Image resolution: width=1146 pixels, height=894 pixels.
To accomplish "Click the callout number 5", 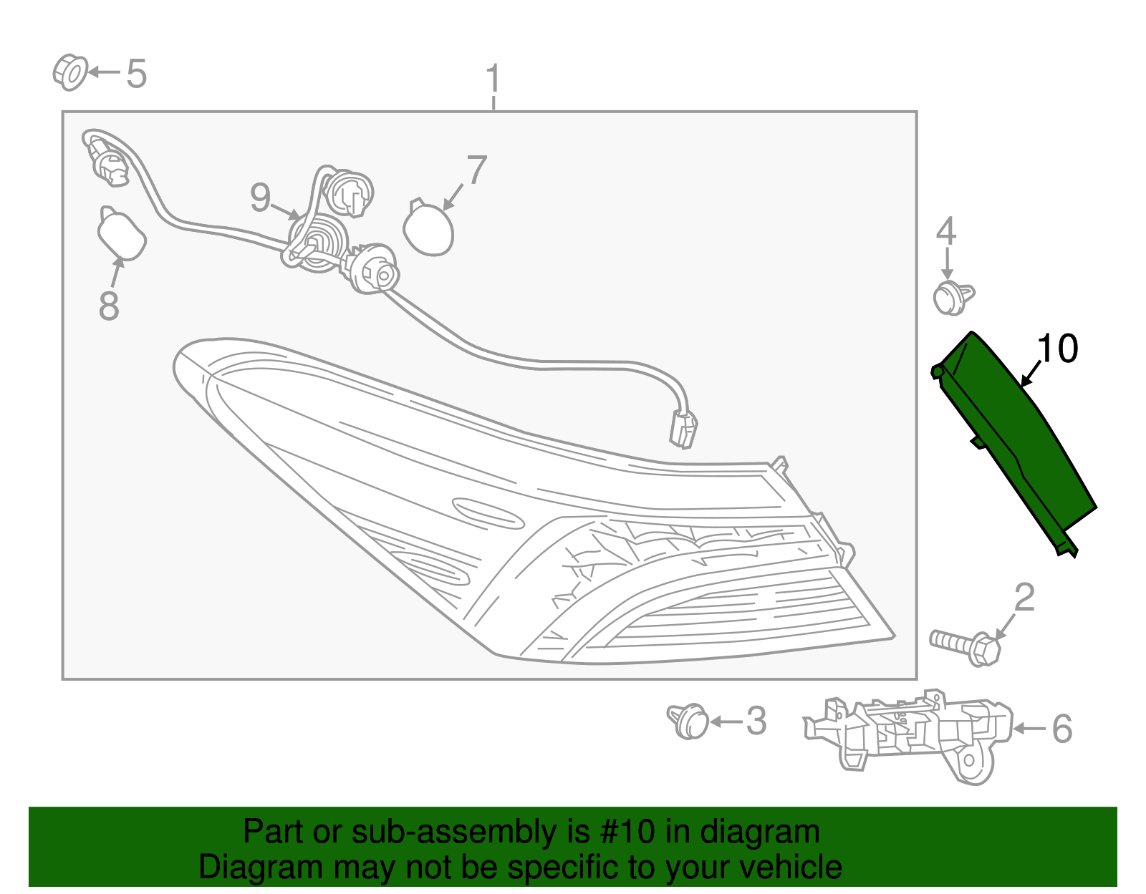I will click(x=137, y=74).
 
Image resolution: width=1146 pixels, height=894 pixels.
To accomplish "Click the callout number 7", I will click(x=476, y=170).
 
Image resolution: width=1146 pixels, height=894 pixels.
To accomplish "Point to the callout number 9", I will click(x=261, y=197).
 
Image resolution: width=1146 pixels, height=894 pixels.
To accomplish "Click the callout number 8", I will click(x=109, y=306).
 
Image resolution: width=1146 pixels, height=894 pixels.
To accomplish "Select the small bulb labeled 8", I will click(x=121, y=233).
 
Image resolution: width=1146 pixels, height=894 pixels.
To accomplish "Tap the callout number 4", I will click(x=946, y=232).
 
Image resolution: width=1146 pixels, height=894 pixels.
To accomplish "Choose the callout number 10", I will click(x=1056, y=349).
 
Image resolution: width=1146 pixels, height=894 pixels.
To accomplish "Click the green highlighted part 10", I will click(x=1017, y=437).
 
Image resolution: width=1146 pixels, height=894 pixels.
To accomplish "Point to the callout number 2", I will click(x=1025, y=598).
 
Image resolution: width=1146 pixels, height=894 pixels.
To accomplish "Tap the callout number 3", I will click(x=756, y=721).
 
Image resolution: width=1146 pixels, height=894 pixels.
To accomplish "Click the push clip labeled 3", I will click(x=689, y=720).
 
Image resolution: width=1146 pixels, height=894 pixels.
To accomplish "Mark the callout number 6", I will click(x=1061, y=729).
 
